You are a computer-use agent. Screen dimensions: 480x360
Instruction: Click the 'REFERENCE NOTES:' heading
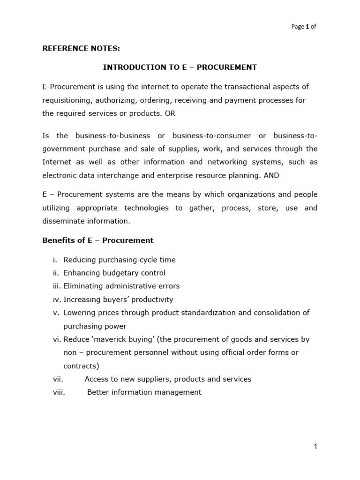click(x=75, y=47)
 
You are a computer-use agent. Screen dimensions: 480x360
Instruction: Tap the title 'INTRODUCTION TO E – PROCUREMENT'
click(x=180, y=67)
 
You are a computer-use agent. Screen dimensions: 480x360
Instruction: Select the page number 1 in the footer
click(x=315, y=447)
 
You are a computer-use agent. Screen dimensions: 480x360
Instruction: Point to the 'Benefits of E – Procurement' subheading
click(x=97, y=240)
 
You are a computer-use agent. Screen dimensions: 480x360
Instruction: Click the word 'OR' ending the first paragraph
click(x=170, y=113)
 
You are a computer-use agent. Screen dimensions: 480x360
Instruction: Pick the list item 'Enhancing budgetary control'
click(x=114, y=273)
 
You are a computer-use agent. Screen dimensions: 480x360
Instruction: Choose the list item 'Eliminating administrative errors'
click(x=121, y=286)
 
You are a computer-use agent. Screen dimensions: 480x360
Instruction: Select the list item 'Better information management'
click(x=144, y=392)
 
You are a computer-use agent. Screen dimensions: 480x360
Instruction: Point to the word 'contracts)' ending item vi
click(x=79, y=366)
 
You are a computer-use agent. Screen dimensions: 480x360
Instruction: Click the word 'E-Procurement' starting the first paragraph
click(x=66, y=87)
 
